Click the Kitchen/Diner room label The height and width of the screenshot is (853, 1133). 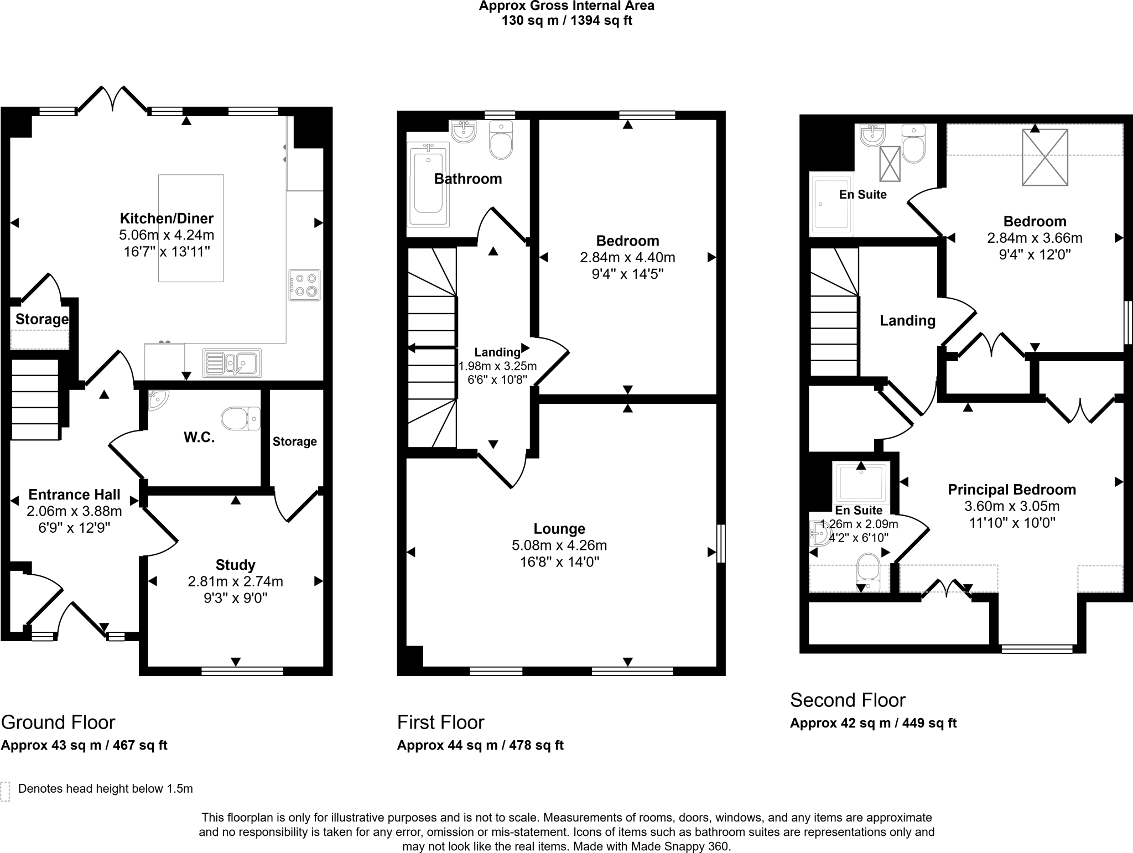167,218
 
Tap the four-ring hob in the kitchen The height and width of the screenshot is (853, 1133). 304,285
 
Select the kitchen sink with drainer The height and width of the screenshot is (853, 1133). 232,363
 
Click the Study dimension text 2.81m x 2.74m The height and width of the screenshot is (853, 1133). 235,581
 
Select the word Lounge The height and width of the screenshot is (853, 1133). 559,529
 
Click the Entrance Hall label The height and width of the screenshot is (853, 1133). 74,495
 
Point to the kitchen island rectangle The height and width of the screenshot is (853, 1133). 191,228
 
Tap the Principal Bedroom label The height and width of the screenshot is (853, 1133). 1012,490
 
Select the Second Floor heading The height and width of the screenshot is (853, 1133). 848,700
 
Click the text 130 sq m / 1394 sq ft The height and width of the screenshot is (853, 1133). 566,21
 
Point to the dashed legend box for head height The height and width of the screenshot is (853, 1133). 6,792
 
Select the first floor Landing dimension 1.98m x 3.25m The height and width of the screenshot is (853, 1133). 497,366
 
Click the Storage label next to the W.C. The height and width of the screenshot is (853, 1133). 294,441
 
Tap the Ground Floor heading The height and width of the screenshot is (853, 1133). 58,722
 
